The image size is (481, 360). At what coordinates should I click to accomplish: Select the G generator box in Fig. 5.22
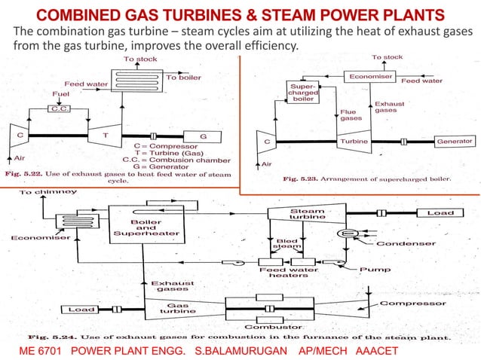(x=202, y=136)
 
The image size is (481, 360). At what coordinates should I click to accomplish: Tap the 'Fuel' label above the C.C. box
(x=60, y=95)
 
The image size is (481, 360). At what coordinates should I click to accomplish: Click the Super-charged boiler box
(x=302, y=93)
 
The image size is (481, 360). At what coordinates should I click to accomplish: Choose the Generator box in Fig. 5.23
(x=455, y=141)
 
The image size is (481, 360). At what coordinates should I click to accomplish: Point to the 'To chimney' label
(x=47, y=194)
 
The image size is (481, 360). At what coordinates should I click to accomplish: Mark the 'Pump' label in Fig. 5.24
(x=374, y=268)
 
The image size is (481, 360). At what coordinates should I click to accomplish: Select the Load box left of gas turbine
(x=81, y=309)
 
